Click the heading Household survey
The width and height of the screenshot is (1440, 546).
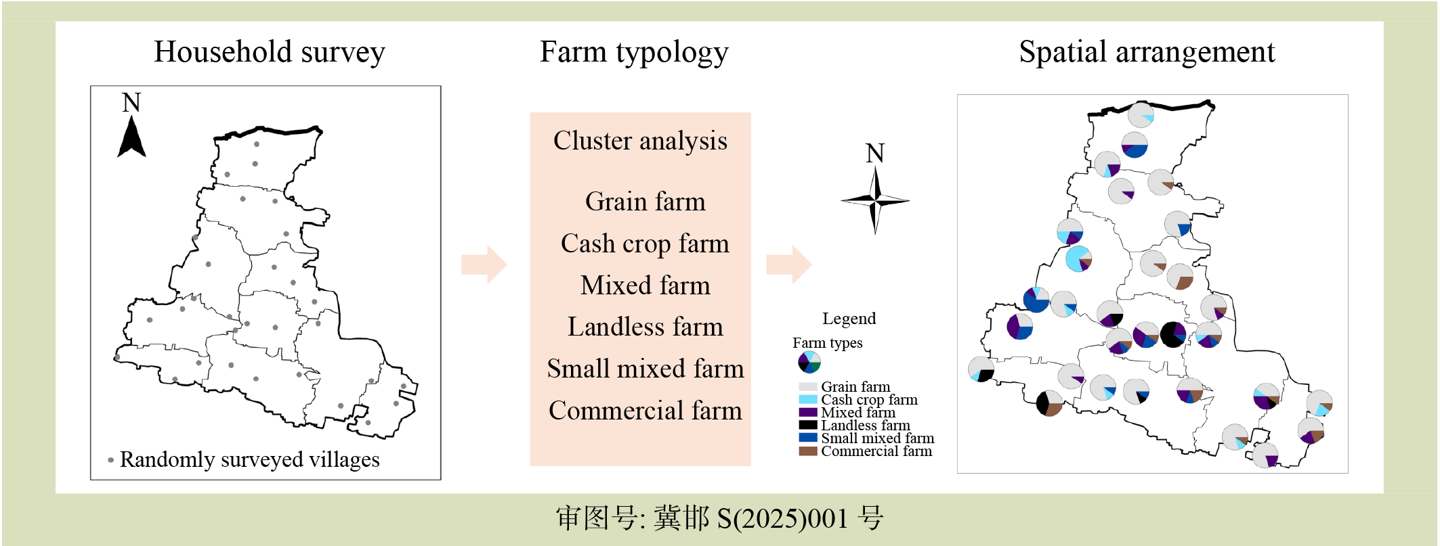point(270,52)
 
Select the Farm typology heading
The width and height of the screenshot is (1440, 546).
point(634,53)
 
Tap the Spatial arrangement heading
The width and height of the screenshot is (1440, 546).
point(1147,52)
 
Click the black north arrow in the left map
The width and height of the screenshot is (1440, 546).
point(131,136)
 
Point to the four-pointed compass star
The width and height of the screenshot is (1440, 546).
point(875,200)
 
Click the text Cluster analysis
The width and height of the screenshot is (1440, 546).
point(640,141)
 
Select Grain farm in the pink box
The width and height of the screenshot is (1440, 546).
point(645,202)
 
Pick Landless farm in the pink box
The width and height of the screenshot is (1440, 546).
point(645,327)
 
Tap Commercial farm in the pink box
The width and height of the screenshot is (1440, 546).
point(645,411)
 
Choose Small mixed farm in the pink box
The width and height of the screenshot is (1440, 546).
point(645,369)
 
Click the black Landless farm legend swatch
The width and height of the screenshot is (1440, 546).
point(808,425)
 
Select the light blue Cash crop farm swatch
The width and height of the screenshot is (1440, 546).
point(808,399)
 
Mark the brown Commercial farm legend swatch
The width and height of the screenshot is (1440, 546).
point(808,451)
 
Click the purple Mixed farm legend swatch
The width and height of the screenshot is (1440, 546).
point(808,412)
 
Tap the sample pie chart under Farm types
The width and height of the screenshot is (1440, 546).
point(809,363)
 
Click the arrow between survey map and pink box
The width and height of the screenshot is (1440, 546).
point(484,265)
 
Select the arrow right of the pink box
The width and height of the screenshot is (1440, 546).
point(788,265)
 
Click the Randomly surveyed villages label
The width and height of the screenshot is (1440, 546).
point(249,460)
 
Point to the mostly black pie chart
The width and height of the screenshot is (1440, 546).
point(1173,334)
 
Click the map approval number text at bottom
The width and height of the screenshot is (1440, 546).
point(720,518)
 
